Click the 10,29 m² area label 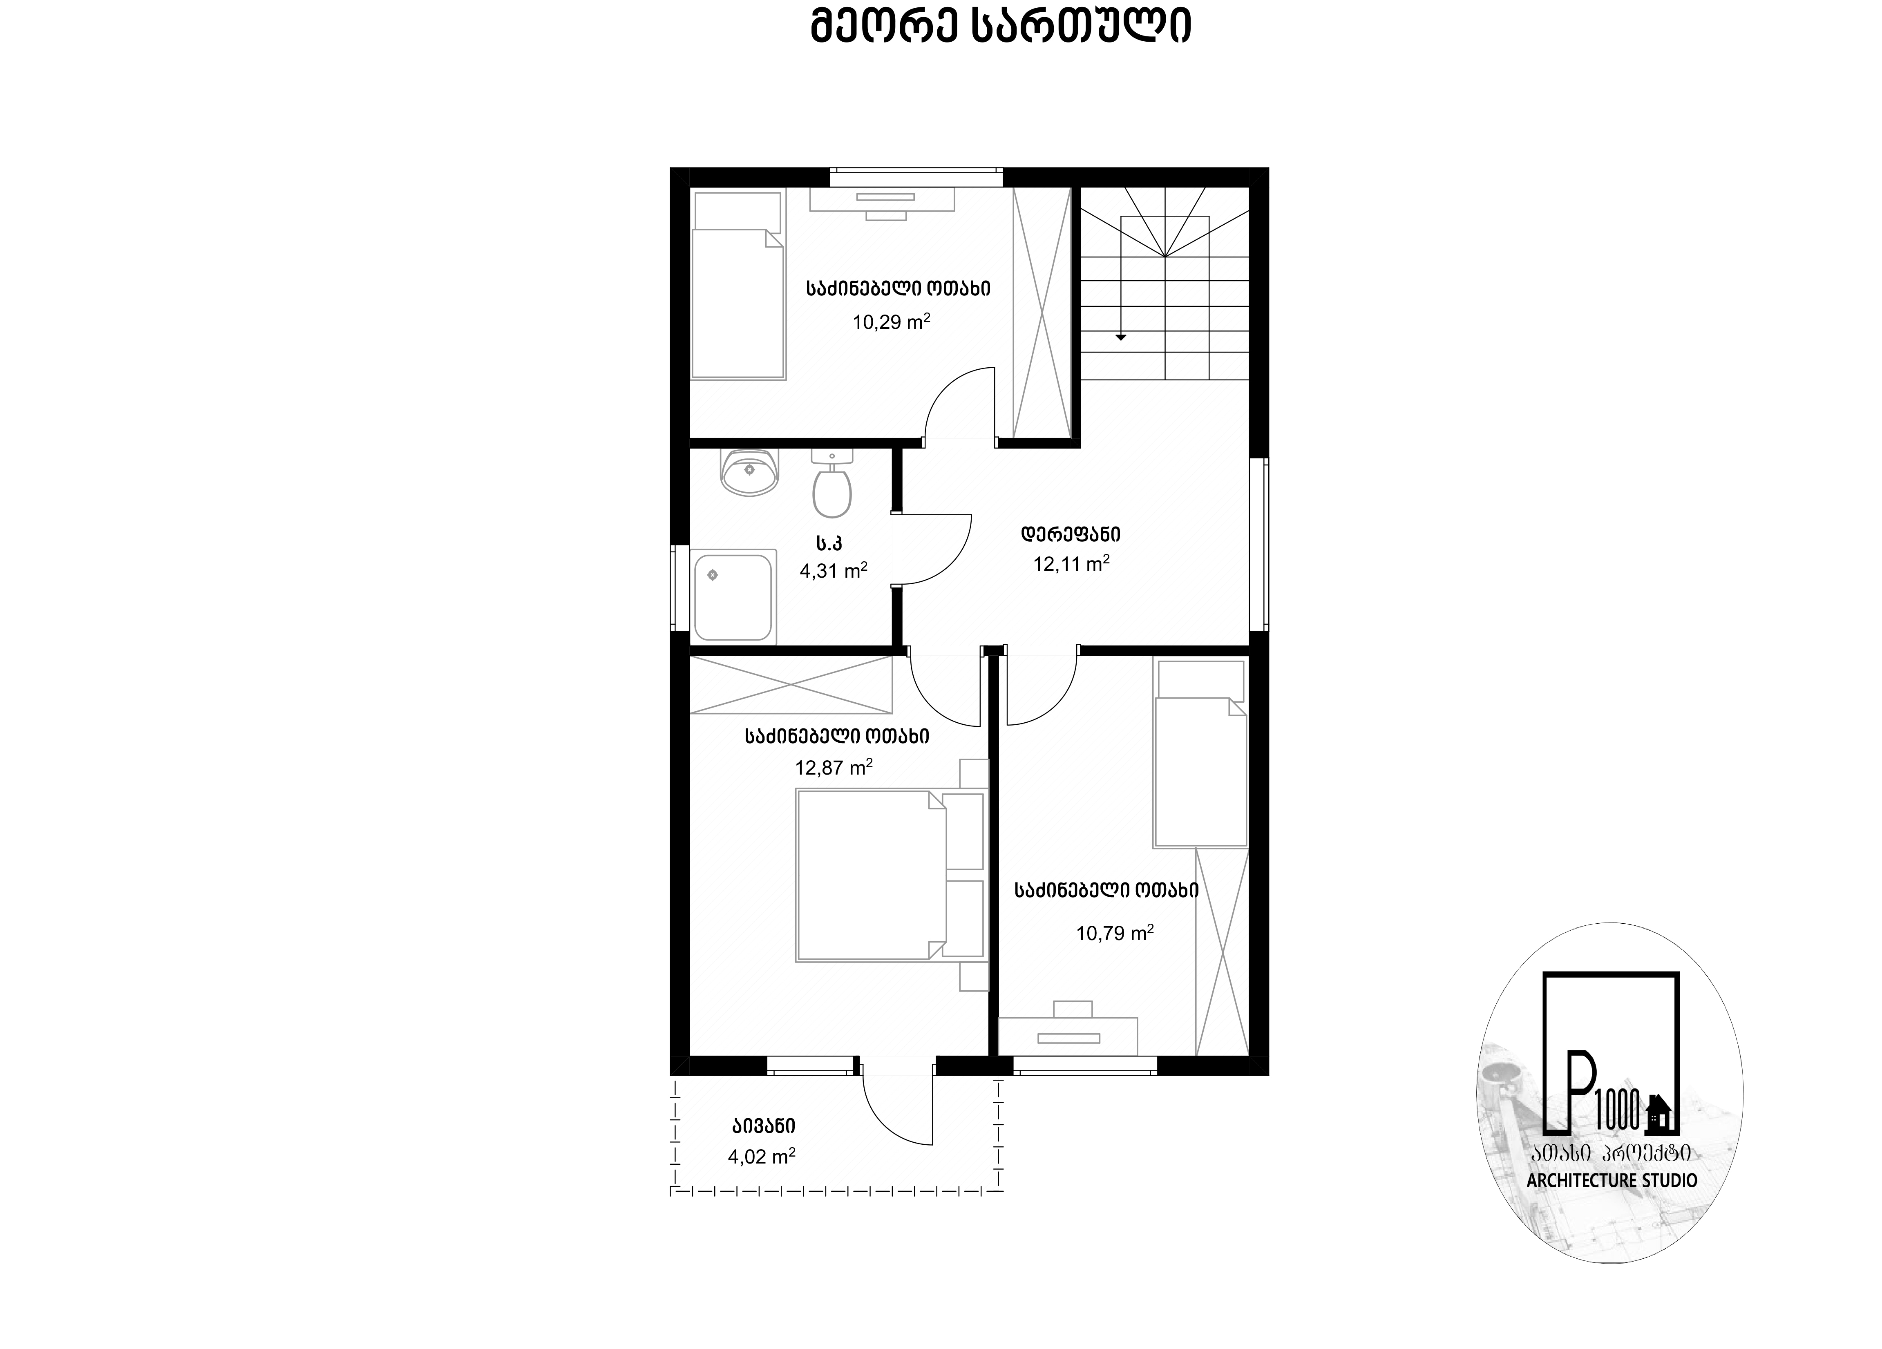point(891,321)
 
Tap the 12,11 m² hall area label point(1071,563)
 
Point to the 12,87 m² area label point(834,767)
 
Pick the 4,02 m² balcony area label point(762,1156)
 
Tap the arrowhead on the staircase point(1121,337)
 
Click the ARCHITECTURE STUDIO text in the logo point(1612,1180)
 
